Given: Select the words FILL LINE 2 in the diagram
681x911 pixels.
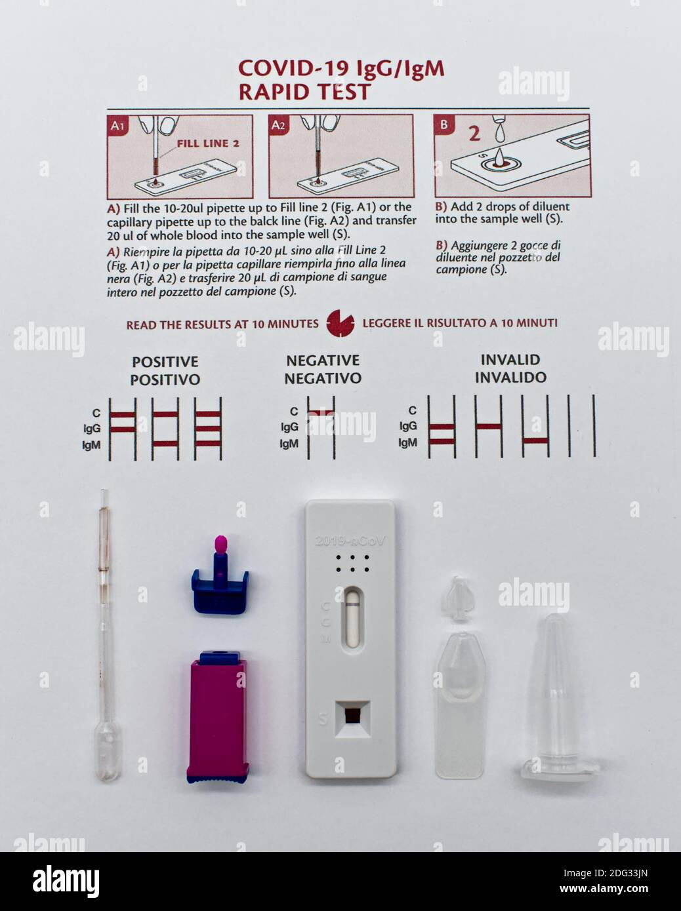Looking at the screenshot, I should point(207,144).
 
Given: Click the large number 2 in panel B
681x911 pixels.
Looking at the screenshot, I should point(474,134).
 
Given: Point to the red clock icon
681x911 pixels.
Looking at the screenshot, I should point(340,323).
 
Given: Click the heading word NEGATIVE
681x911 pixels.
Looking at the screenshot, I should point(322,360).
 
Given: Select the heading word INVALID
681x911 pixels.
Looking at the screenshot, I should point(510,360).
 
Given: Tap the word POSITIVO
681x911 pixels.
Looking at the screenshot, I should point(165,379).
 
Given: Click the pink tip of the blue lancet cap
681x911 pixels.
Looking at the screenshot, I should point(221,543).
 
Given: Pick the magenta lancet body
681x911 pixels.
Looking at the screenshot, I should point(218,714).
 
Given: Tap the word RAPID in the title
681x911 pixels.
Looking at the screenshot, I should point(272,92).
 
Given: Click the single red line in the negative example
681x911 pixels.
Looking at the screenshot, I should point(321,412).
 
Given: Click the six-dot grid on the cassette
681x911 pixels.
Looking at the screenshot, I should point(352,564).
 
